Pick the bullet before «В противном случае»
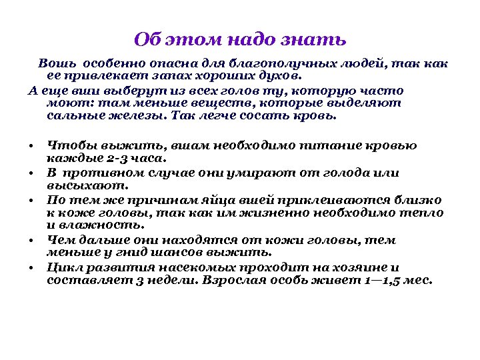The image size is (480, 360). coord(32,173)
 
